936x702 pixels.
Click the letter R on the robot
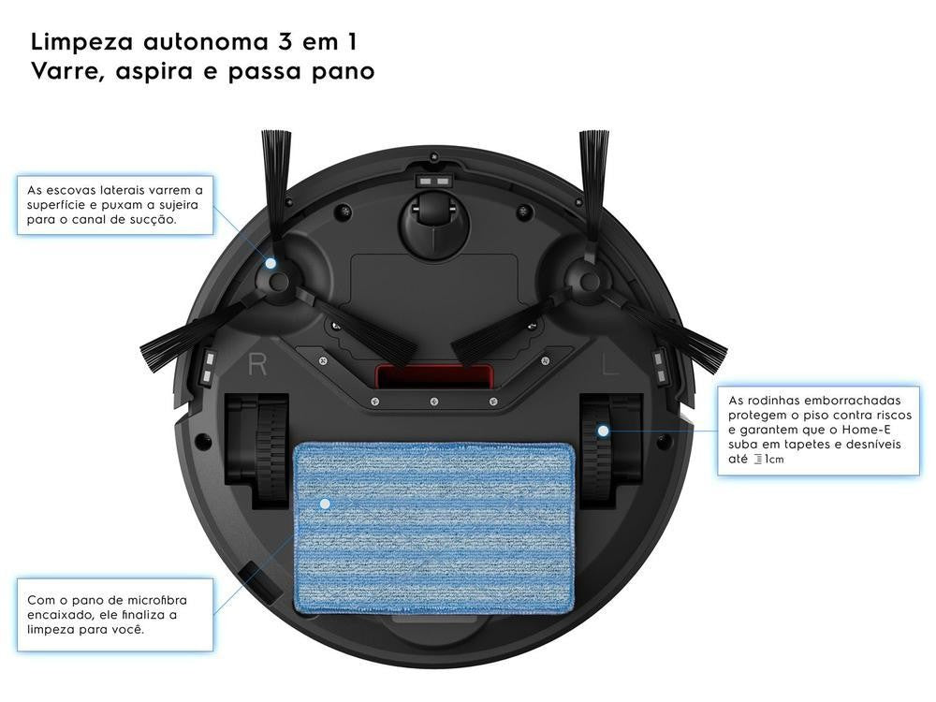pyautogui.click(x=257, y=363)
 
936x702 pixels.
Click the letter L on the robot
pyautogui.click(x=610, y=363)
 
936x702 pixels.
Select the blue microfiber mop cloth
pyautogui.click(x=434, y=528)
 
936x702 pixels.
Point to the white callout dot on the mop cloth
pyautogui.click(x=325, y=504)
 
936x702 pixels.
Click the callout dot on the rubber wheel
pyautogui.click(x=604, y=431)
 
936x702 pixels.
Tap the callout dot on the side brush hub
pyautogui.click(x=271, y=263)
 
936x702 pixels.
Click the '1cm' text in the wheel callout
pyautogui.click(x=774, y=459)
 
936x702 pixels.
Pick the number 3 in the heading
pyautogui.click(x=285, y=42)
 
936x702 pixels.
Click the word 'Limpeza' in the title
pyautogui.click(x=82, y=43)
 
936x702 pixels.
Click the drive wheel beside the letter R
pyautogui.click(x=256, y=451)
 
